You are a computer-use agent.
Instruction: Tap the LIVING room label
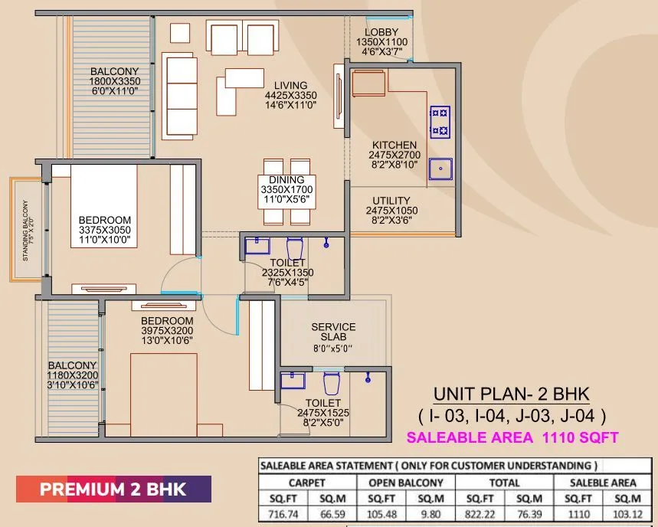[291, 86]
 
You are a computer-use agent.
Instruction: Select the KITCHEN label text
[394, 145]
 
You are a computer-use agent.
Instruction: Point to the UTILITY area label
[392, 201]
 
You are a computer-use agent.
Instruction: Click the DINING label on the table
[286, 180]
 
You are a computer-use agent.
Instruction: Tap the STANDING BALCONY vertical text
[25, 231]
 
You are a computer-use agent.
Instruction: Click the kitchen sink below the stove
[440, 169]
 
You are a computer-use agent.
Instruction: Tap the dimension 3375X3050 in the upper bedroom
[104, 230]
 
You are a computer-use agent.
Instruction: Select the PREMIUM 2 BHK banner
[114, 489]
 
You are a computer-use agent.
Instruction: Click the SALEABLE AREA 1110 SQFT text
[512, 438]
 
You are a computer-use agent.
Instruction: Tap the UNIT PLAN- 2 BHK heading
[512, 394]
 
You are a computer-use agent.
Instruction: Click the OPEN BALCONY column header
[405, 483]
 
